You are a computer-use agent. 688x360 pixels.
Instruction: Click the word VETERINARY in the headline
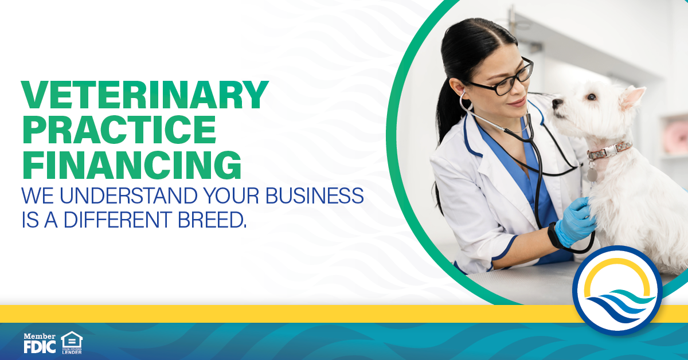coord(144,95)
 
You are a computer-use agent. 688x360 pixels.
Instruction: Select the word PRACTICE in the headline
coord(119,130)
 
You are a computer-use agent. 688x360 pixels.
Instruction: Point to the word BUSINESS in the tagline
coord(312,196)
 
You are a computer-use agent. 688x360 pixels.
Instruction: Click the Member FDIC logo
coord(40,342)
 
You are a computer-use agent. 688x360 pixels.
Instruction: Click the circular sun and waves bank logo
coord(617,290)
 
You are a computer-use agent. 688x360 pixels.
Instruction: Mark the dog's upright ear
coord(632,96)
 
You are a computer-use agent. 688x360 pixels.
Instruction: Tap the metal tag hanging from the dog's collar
coord(592,173)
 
